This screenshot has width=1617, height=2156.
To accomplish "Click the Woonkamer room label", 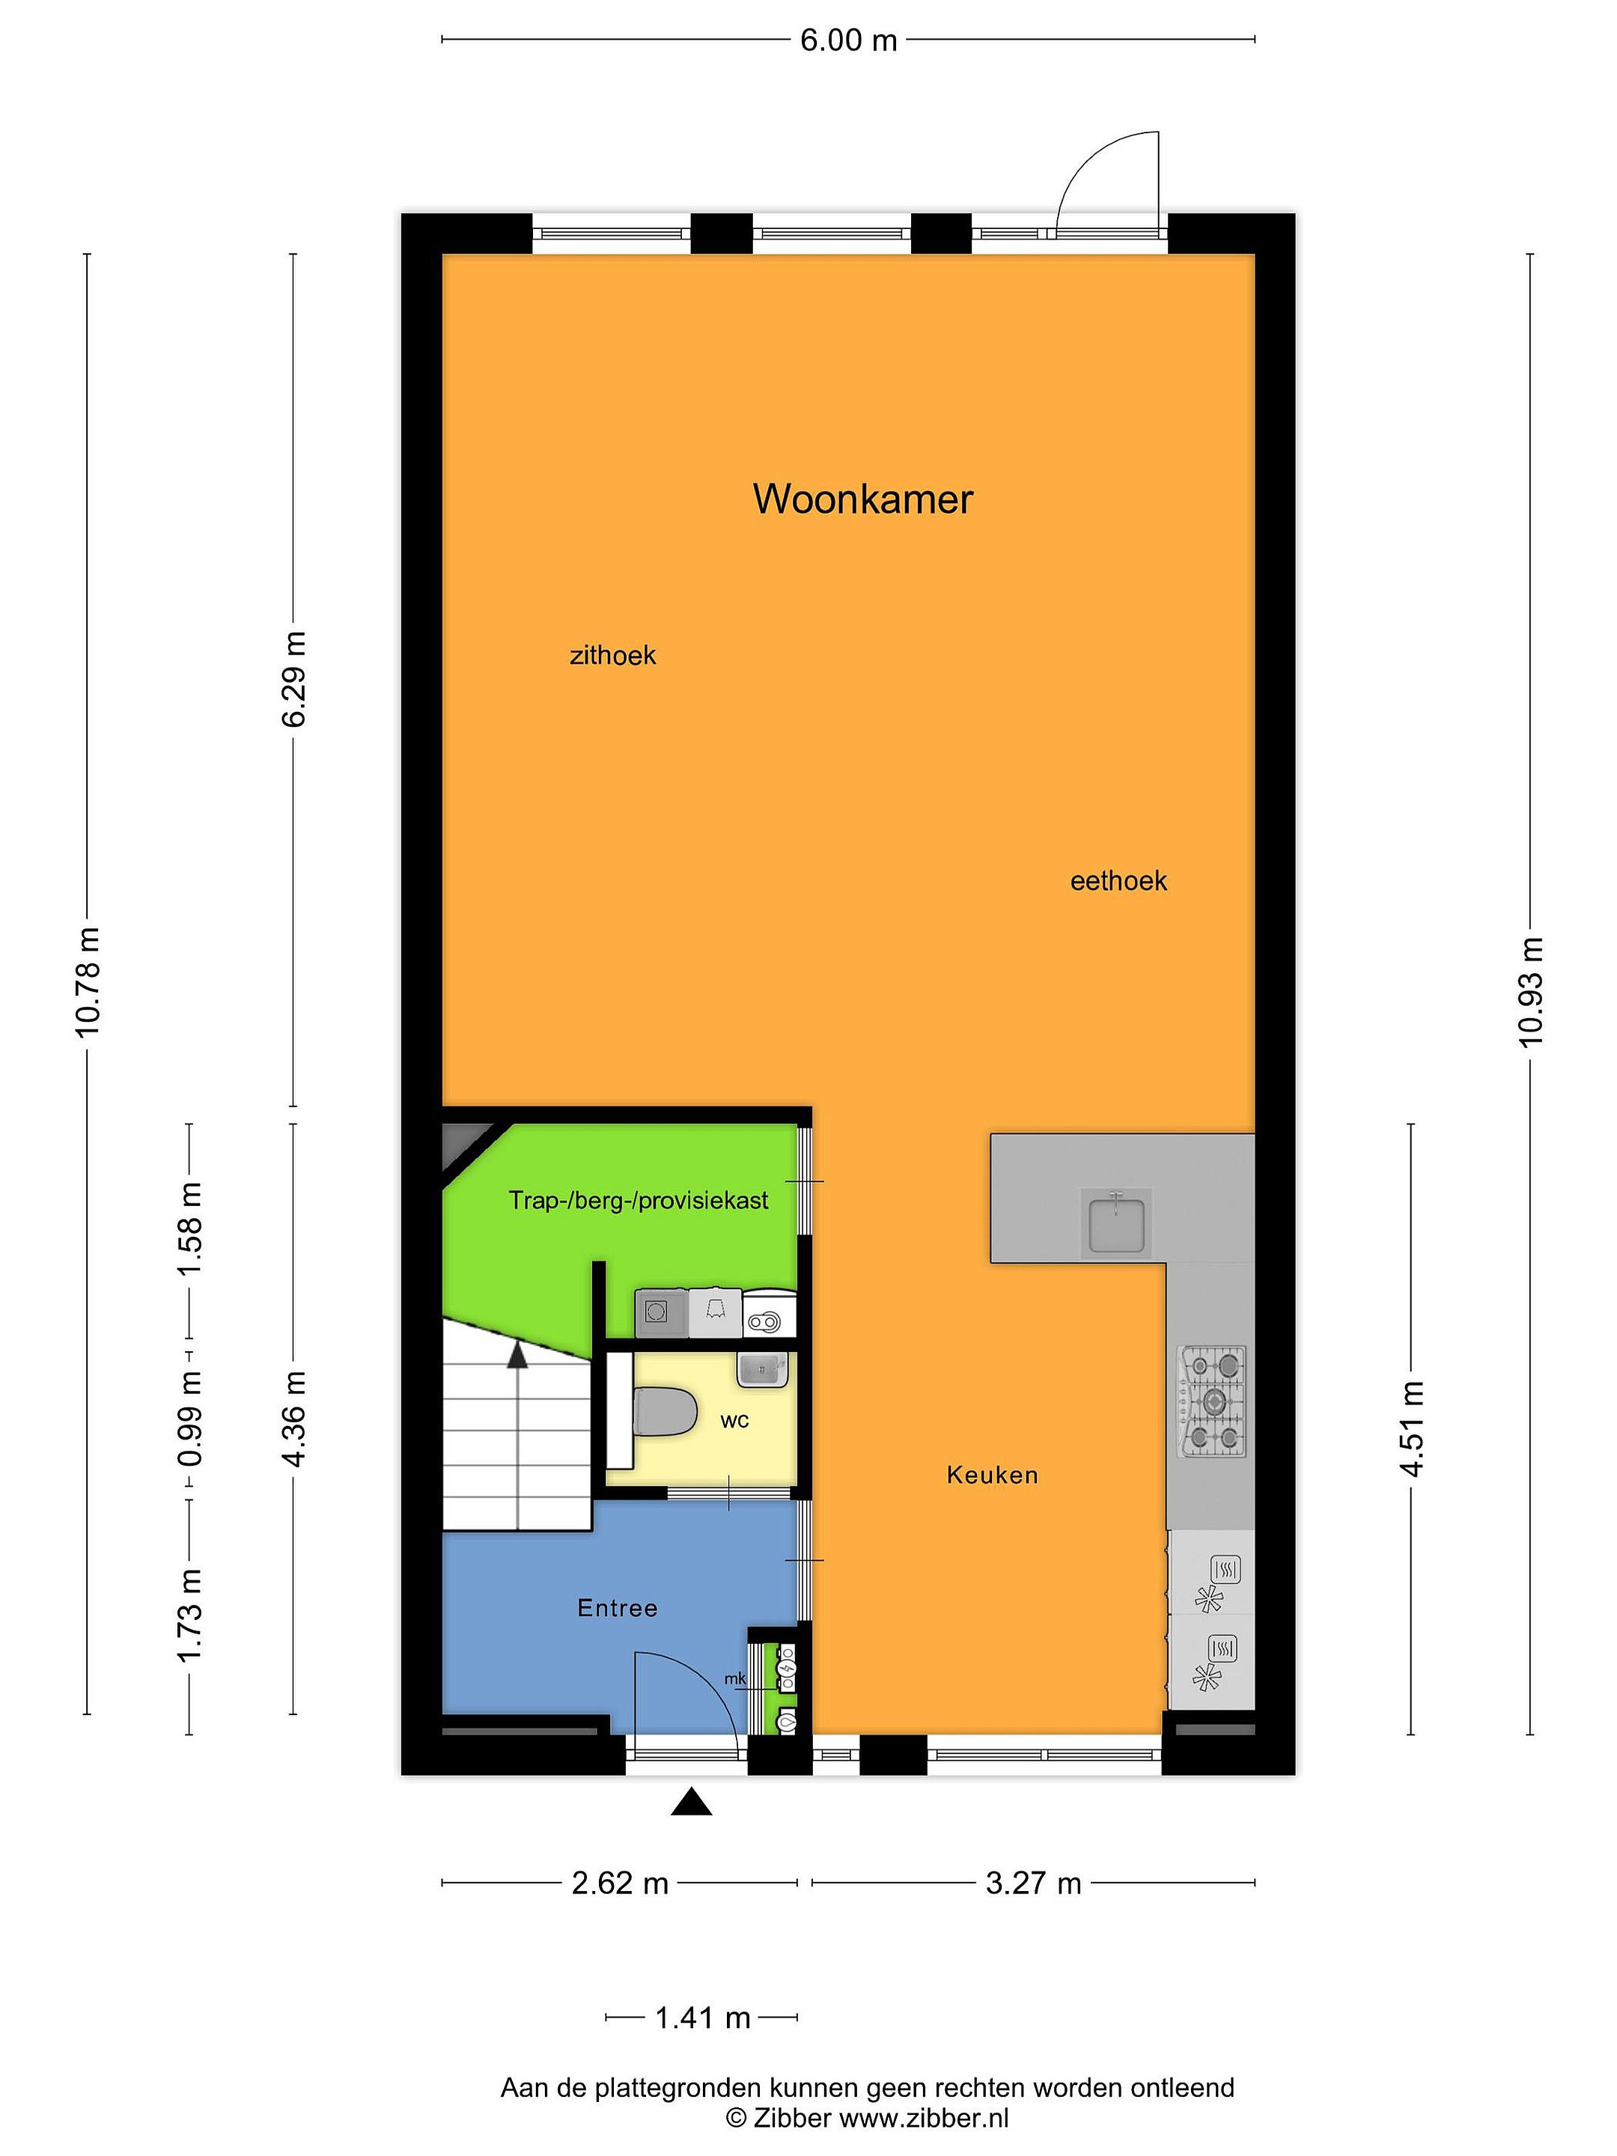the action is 862,499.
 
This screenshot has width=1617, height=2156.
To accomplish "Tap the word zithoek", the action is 612,655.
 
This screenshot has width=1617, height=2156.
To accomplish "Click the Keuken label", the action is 992,1475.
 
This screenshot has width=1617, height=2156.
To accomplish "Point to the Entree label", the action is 617,1607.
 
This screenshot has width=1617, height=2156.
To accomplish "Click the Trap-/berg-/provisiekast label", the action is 639,1200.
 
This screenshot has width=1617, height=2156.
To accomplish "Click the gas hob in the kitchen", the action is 1211,1401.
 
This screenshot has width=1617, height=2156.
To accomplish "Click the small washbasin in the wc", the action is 762,1369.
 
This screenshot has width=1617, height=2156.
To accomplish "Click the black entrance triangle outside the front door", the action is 691,1802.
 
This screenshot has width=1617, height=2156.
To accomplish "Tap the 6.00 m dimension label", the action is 848,40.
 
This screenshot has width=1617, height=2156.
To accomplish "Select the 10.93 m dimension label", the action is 1530,991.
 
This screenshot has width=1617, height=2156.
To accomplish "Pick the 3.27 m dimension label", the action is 1033,1883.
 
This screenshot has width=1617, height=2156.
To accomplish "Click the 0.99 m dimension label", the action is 189,1418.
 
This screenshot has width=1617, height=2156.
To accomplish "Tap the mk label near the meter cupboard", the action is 735,1678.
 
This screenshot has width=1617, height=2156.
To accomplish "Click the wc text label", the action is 735,1421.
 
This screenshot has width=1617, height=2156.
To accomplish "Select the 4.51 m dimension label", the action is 1413,1429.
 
